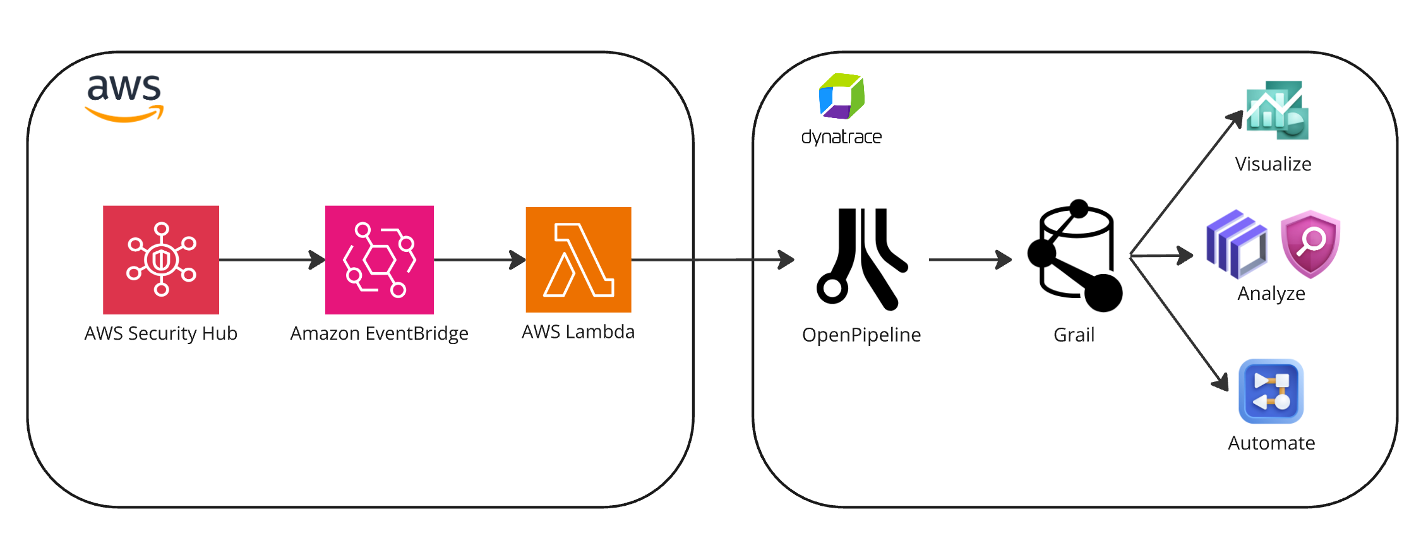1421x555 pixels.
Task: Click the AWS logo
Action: (124, 98)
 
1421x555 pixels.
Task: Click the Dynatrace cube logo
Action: (841, 97)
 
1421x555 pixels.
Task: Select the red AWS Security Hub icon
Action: (161, 260)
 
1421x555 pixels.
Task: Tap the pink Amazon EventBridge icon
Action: (379, 260)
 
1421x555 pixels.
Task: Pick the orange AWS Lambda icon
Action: (578, 260)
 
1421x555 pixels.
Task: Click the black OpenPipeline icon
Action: (861, 260)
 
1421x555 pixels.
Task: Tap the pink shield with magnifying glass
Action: (1310, 244)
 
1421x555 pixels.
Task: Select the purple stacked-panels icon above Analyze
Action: (1235, 245)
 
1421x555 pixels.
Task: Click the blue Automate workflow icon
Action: (1271, 391)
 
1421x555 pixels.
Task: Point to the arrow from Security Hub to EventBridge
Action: (272, 260)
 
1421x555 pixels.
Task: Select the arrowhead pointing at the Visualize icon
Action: (1235, 119)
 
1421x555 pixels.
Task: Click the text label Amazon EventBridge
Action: (379, 333)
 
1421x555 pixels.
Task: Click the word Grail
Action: (1074, 335)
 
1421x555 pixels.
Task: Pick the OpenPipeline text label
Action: (861, 335)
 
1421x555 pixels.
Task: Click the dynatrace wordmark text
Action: (841, 137)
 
